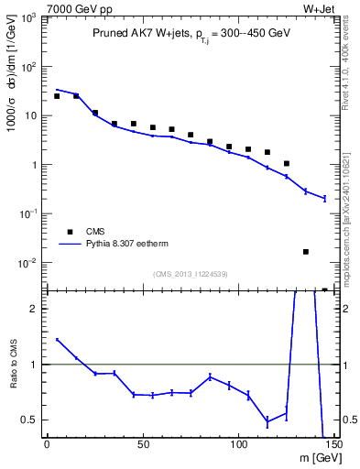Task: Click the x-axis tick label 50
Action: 142,445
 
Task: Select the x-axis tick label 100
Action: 238,445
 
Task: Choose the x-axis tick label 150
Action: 333,445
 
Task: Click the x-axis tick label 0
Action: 47,445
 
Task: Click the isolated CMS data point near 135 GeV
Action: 306,251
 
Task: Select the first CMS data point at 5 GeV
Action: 57,96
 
